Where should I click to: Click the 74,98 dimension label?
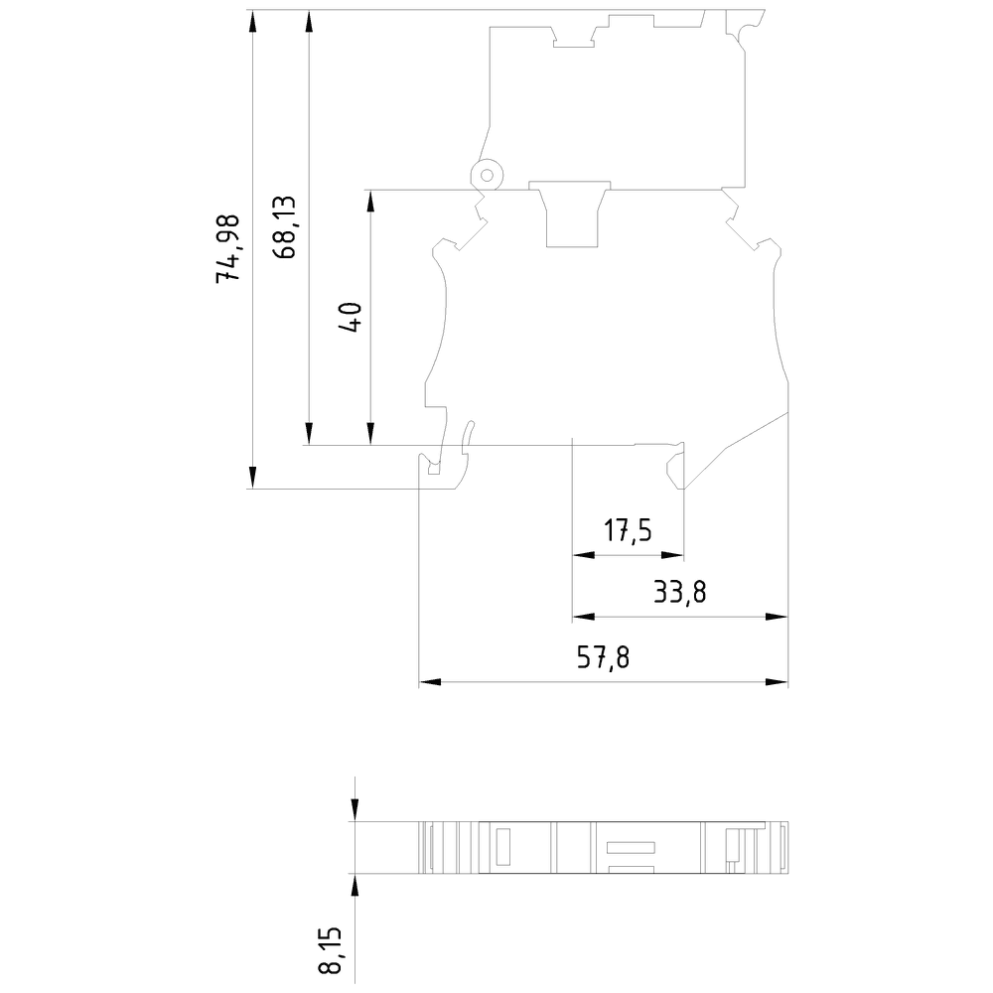click(229, 248)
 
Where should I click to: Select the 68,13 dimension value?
click(284, 227)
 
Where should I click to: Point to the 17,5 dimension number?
click(628, 531)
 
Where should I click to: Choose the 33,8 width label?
click(680, 594)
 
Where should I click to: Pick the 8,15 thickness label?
click(330, 953)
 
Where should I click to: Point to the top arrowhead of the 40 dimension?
click(370, 200)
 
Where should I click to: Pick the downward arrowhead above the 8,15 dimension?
click(355, 811)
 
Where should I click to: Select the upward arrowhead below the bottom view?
click(355, 885)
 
